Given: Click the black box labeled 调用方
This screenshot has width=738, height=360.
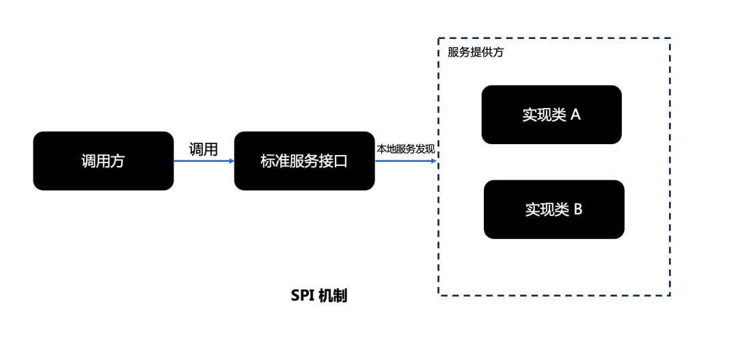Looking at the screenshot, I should click(x=103, y=161).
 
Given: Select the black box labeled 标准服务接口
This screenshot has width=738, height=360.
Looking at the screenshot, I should click(x=304, y=161).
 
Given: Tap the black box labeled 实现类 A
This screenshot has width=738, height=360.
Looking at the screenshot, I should click(x=551, y=115).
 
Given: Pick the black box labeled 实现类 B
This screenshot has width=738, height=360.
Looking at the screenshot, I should click(x=553, y=209).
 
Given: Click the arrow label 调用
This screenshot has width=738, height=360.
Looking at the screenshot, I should click(x=203, y=150).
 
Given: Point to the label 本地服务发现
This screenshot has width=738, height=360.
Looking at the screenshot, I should click(x=406, y=150).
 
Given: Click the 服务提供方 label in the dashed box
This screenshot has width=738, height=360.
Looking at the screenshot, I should click(x=476, y=53).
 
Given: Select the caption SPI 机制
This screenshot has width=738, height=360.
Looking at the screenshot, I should click(x=319, y=296).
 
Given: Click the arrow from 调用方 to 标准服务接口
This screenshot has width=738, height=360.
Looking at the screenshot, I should click(x=203, y=161).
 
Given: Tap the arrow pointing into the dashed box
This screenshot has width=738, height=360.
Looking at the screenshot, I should click(x=406, y=161).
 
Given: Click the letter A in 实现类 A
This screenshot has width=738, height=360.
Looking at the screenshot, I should click(x=575, y=115).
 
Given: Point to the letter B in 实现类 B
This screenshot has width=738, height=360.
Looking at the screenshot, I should click(x=577, y=209).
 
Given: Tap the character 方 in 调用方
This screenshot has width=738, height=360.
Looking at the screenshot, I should click(x=118, y=161).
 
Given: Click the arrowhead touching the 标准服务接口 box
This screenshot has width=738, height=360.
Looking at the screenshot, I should click(x=231, y=161).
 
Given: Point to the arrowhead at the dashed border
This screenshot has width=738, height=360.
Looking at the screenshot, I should click(x=435, y=161).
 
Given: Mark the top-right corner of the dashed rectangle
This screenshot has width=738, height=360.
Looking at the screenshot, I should click(x=670, y=39).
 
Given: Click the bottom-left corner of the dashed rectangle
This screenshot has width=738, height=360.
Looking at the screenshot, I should click(x=439, y=295).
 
